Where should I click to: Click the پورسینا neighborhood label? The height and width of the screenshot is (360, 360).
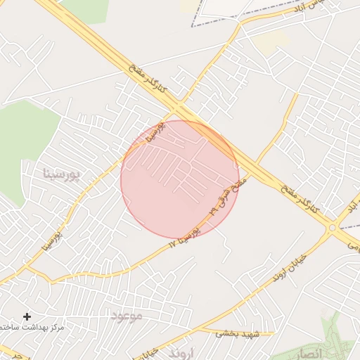coord(62,173)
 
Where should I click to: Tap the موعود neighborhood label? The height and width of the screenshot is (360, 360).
coord(127,316)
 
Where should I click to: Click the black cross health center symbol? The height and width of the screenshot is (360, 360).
coord(27,317)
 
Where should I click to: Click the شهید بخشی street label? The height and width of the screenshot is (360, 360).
coord(238,333)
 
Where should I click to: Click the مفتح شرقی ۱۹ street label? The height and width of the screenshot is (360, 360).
coord(229,195)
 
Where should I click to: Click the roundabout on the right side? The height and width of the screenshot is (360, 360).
coord(332,227)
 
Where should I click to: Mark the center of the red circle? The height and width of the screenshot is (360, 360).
coord(180,179)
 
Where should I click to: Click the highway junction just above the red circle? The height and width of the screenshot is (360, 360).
coord(179,111)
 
